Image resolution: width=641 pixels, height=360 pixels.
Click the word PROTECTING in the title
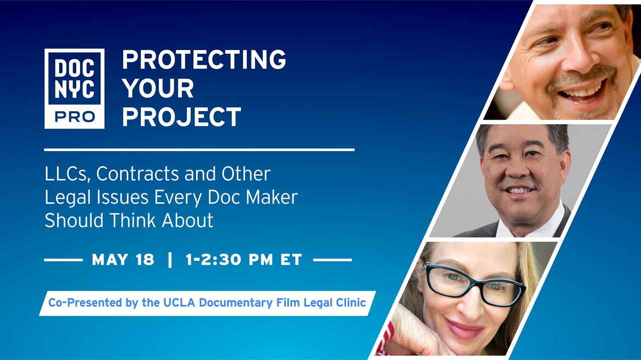(x=204, y=59)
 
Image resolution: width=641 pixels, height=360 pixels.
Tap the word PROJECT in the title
(x=182, y=117)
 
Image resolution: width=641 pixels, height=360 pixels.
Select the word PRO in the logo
(x=75, y=117)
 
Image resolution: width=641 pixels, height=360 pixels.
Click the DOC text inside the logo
(x=75, y=69)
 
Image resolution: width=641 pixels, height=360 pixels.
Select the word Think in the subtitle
(x=132, y=220)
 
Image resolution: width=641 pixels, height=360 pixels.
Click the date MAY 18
(x=123, y=259)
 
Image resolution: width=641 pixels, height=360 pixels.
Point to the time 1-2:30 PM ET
(x=244, y=259)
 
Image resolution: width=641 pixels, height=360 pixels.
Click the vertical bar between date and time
(x=170, y=259)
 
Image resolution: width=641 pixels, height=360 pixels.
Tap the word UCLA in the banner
(x=179, y=302)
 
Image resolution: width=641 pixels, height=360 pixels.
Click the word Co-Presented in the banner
(x=85, y=303)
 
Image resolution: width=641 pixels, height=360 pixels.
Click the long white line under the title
(x=199, y=150)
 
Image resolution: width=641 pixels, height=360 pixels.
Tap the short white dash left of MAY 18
(x=63, y=260)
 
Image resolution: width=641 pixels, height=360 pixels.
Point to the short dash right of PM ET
(x=333, y=260)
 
